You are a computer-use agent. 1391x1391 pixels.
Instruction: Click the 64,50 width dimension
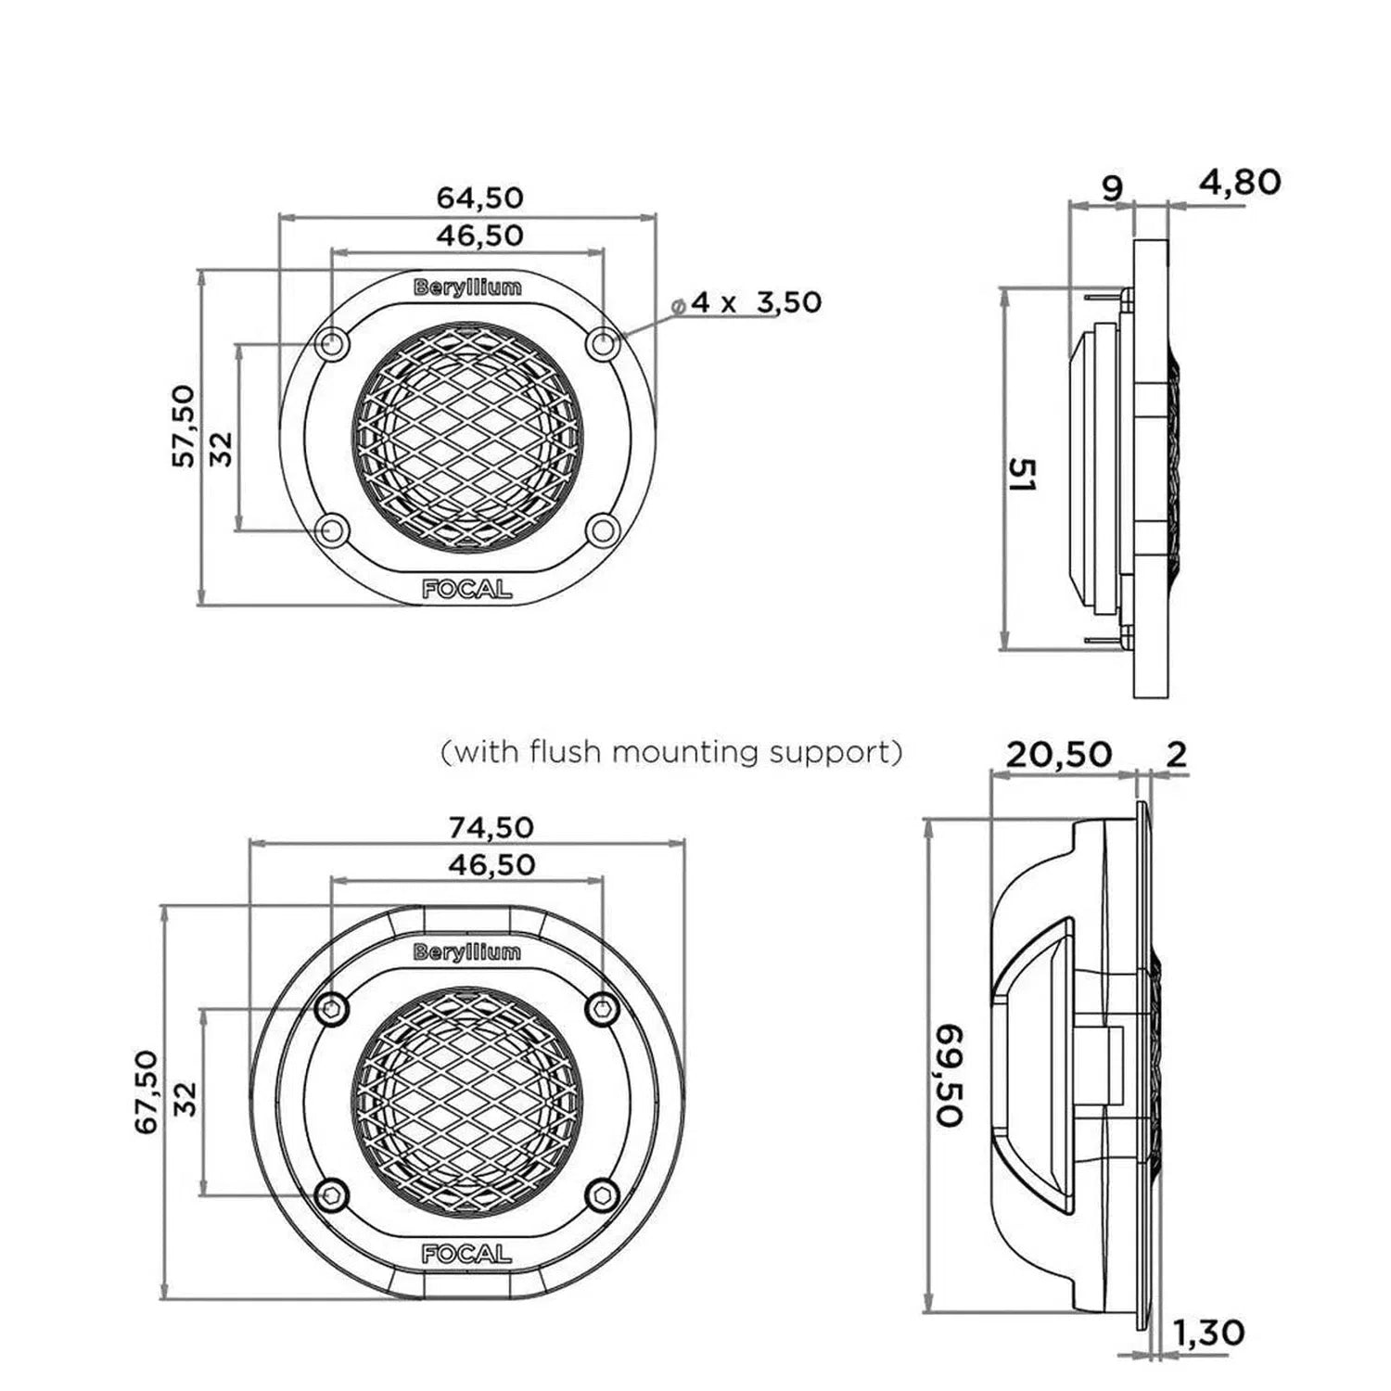479,198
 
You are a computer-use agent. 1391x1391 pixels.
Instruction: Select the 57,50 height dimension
184,426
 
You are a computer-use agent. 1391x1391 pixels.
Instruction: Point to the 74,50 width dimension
491,826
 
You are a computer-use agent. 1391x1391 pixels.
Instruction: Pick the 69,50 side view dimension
949,1075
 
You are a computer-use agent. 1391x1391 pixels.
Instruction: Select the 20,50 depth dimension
1058,755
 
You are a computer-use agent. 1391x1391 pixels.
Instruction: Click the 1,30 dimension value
1208,1334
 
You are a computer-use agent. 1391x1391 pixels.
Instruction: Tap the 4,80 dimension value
1240,183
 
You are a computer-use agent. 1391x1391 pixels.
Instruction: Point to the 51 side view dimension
1022,474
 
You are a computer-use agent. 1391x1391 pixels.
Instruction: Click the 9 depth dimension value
1111,188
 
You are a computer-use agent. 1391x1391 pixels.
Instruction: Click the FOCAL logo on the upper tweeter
466,589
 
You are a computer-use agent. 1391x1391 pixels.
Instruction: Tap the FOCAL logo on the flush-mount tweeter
466,1254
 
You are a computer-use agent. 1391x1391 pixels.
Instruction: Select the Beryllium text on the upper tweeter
467,287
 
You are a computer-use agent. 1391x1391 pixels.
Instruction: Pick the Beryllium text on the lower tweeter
467,952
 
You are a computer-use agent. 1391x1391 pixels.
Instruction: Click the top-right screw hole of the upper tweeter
603,344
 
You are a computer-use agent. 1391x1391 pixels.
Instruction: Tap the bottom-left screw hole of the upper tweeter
331,530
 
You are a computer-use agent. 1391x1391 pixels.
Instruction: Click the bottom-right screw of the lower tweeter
603,1195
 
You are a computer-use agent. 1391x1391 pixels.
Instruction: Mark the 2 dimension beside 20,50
1176,755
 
